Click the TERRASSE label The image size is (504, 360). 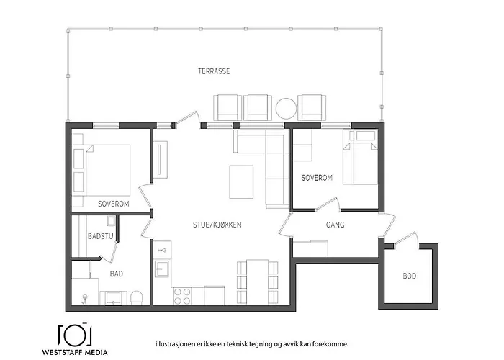click(x=214, y=71)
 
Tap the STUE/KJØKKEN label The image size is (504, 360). click(x=217, y=225)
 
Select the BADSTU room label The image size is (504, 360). click(x=101, y=236)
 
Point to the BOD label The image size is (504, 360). click(x=410, y=276)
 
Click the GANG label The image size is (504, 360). click(x=336, y=225)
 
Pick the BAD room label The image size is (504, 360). click(x=117, y=274)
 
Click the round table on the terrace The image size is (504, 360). click(x=286, y=108)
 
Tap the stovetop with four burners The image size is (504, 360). click(x=182, y=296)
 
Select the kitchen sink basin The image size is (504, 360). click(x=162, y=269)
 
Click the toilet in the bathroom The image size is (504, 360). click(x=137, y=297)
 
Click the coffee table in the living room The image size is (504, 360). click(x=241, y=182)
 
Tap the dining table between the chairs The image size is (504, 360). click(x=257, y=282)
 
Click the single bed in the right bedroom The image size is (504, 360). click(x=360, y=157)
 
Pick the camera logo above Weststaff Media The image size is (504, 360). click(x=75, y=333)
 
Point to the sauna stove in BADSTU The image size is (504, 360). click(x=111, y=222)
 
